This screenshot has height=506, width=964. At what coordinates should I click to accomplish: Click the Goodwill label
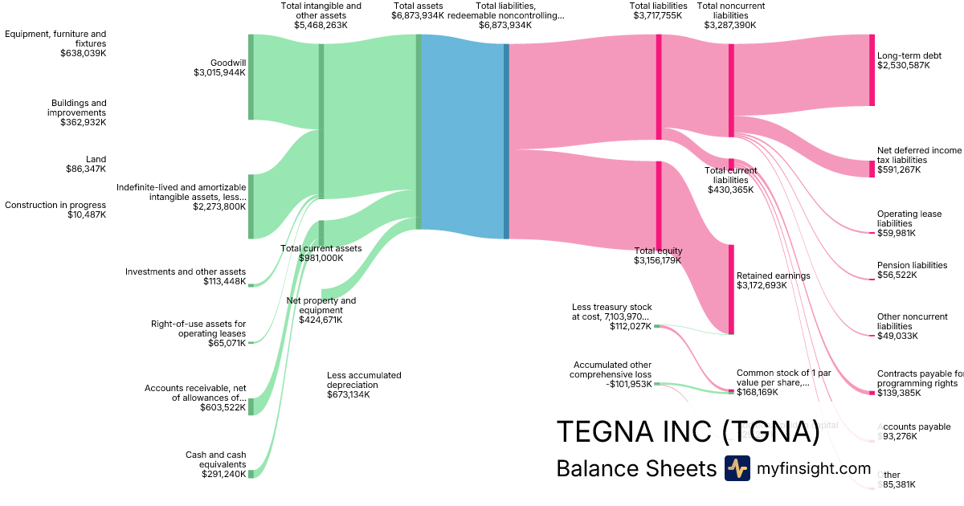[x=227, y=63]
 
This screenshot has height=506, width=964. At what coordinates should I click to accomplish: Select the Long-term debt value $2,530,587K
[x=904, y=66]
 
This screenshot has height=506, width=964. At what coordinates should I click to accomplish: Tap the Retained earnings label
[x=773, y=275]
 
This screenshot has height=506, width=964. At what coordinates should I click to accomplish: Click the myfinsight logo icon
[x=737, y=468]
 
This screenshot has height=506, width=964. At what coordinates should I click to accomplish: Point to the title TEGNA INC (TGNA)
[x=688, y=431]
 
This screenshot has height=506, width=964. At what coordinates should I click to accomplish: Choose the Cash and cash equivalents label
[x=215, y=459]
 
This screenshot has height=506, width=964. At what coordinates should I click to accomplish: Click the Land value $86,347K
[x=86, y=169]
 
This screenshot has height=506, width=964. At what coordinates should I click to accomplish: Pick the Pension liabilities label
[x=912, y=265]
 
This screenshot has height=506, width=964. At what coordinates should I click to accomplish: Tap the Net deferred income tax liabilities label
[x=919, y=155]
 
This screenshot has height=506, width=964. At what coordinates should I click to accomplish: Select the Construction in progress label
[x=55, y=205]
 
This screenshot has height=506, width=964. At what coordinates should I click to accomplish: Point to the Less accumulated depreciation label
[x=364, y=380]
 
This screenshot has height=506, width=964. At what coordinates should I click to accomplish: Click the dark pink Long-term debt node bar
[x=872, y=70]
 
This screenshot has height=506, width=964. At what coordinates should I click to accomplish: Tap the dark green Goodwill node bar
[x=251, y=77]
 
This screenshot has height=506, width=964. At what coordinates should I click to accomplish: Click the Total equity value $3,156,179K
[x=658, y=260]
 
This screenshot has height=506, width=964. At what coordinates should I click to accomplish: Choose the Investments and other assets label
[x=186, y=271]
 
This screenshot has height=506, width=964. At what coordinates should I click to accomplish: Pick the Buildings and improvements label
[x=79, y=108]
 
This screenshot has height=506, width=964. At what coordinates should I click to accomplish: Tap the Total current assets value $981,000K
[x=321, y=258]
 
